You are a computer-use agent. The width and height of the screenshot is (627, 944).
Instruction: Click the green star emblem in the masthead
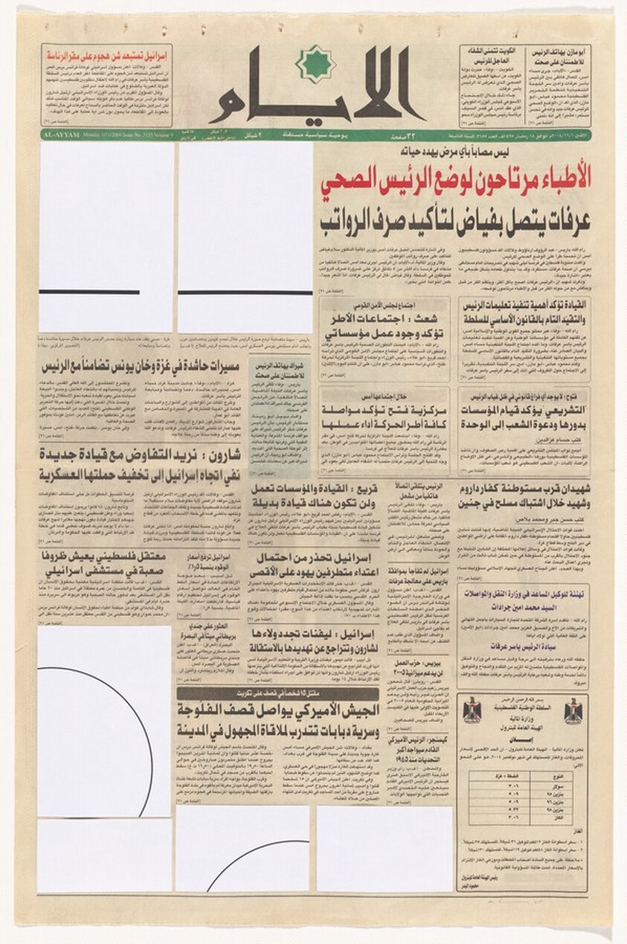tap(317, 62)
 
